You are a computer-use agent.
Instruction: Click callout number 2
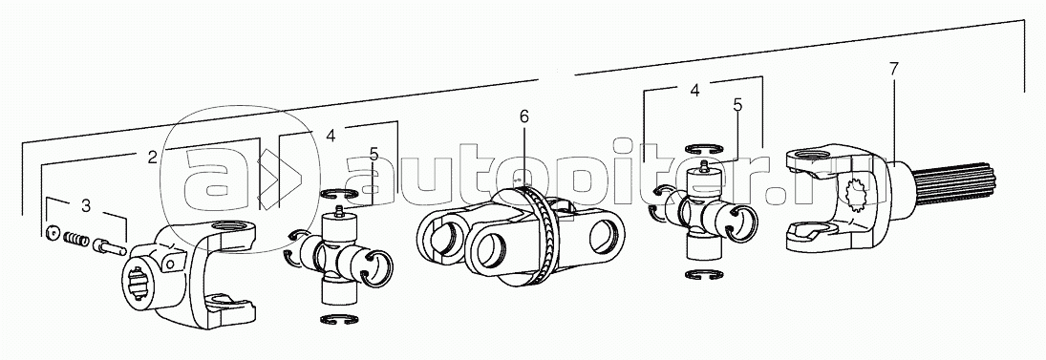(152, 158)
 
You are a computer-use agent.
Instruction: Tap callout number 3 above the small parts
(86, 206)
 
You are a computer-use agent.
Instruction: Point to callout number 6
(523, 116)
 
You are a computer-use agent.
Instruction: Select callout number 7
(893, 69)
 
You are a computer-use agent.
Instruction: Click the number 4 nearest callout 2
(331, 136)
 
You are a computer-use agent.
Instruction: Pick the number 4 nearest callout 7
(695, 90)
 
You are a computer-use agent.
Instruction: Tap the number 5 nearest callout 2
(374, 155)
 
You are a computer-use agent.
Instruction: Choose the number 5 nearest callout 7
(737, 105)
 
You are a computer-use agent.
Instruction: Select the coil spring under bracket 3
(76, 238)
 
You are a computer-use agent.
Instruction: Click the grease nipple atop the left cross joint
(339, 212)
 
